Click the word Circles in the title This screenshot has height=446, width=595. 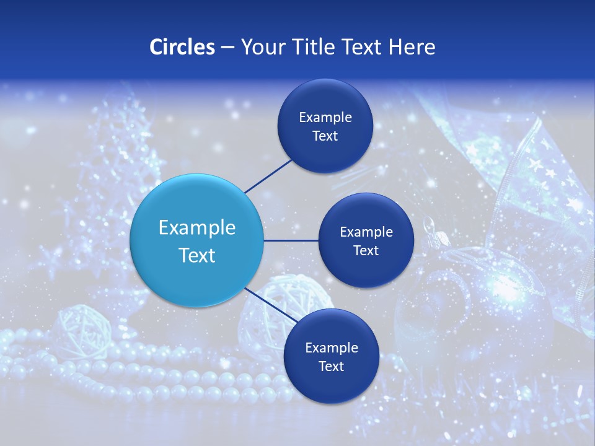[x=182, y=47]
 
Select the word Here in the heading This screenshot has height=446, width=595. [x=412, y=47]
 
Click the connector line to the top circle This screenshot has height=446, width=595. [x=268, y=176]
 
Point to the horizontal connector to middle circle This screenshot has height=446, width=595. [x=291, y=240]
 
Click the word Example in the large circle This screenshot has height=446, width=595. [x=196, y=228]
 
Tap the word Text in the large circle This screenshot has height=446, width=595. [x=196, y=255]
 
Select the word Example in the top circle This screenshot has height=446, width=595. [x=325, y=118]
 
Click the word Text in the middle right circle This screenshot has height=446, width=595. [x=366, y=251]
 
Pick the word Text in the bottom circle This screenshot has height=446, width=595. [x=331, y=367]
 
